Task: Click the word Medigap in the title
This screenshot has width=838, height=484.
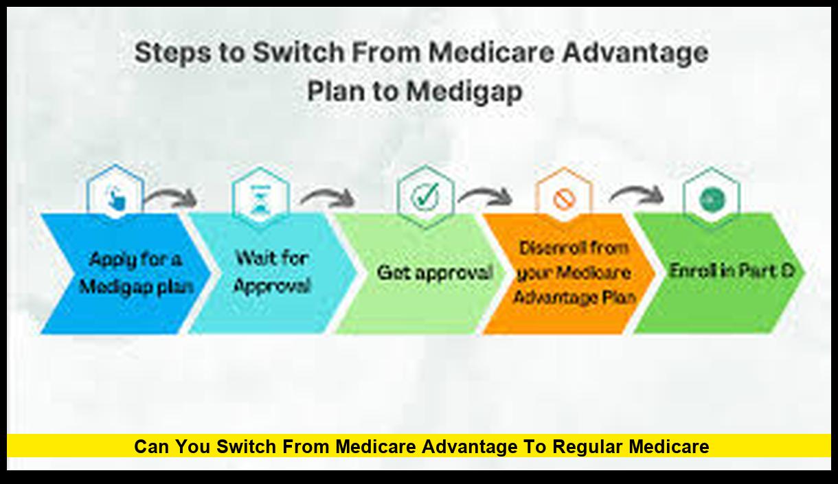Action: click(x=464, y=92)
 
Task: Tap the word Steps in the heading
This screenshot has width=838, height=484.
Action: click(x=172, y=53)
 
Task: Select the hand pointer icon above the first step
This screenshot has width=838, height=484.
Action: click(x=115, y=198)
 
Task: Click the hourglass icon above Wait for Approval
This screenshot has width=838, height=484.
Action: click(x=260, y=199)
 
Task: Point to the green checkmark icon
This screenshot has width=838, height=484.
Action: click(x=424, y=195)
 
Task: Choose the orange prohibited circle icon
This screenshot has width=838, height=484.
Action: click(x=564, y=198)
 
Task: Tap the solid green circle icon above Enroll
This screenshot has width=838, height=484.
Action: click(x=712, y=199)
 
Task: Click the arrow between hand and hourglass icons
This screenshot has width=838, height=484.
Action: click(x=170, y=196)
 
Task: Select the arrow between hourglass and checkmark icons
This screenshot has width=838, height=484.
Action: click(x=328, y=196)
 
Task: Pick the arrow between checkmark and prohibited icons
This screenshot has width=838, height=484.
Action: click(x=485, y=196)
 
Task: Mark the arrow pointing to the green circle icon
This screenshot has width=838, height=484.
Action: click(x=636, y=194)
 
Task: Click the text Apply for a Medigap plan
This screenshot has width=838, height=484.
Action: click(x=136, y=274)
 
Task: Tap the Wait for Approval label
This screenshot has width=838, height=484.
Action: click(x=272, y=272)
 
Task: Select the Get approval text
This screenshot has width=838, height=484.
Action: click(x=435, y=273)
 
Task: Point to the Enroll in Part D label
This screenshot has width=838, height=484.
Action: click(x=732, y=270)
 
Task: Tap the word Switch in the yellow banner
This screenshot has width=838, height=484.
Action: click(x=246, y=446)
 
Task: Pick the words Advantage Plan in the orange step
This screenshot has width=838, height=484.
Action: click(x=575, y=298)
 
